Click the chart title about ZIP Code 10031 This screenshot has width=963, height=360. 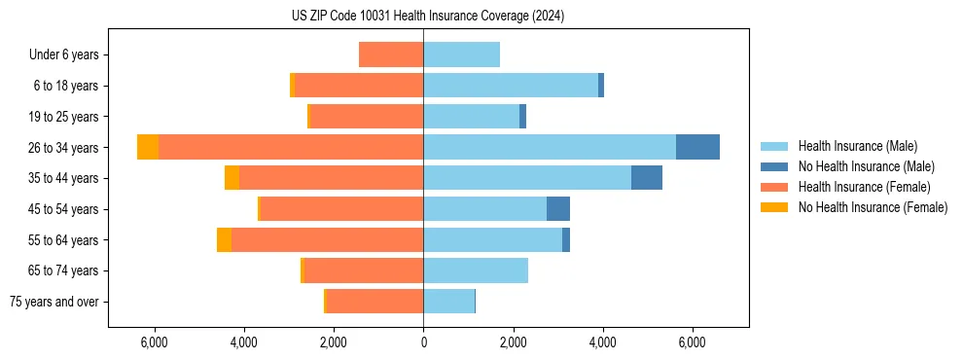pyautogui.click(x=427, y=17)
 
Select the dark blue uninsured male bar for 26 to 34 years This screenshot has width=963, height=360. pyautogui.click(x=697, y=147)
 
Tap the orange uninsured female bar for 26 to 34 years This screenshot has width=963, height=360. pyautogui.click(x=148, y=147)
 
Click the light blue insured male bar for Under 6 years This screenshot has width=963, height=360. pyautogui.click(x=461, y=54)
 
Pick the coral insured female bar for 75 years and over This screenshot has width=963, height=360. pyautogui.click(x=374, y=302)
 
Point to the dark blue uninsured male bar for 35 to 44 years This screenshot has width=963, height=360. pyautogui.click(x=647, y=178)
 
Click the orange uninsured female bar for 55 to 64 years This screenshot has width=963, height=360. pyautogui.click(x=224, y=239)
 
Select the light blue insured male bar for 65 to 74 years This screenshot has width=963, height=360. pyautogui.click(x=476, y=270)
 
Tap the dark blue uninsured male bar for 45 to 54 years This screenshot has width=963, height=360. pyautogui.click(x=558, y=208)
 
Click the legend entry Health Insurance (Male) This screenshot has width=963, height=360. pyautogui.click(x=857, y=146)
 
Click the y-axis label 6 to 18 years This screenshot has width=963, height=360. pyautogui.click(x=66, y=86)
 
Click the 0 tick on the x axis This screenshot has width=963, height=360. pyautogui.click(x=423, y=342)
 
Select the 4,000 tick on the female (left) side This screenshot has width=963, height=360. pyautogui.click(x=244, y=342)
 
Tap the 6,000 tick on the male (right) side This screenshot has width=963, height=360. pyautogui.click(x=692, y=342)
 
